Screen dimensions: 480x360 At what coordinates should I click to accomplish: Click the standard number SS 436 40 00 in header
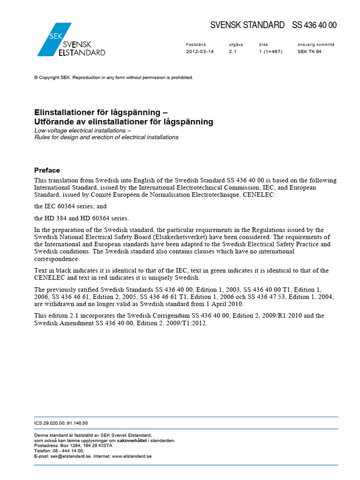point(314,25)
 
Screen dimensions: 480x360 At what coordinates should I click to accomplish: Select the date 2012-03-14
point(200,52)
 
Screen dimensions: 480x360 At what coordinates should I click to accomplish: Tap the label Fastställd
point(196,45)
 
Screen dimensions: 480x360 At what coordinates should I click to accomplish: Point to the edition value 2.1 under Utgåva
point(232,52)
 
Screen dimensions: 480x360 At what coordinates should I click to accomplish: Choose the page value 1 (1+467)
point(270,52)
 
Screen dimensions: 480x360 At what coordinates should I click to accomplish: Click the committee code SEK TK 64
point(309,52)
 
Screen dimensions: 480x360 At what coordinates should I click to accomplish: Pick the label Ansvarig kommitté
point(316,45)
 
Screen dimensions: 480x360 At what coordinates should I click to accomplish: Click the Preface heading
point(47,170)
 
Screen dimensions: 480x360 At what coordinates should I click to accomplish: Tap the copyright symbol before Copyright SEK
point(36,78)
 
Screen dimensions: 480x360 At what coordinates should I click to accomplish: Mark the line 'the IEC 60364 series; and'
point(70,206)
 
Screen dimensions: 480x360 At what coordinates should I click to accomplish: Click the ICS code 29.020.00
point(54,423)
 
